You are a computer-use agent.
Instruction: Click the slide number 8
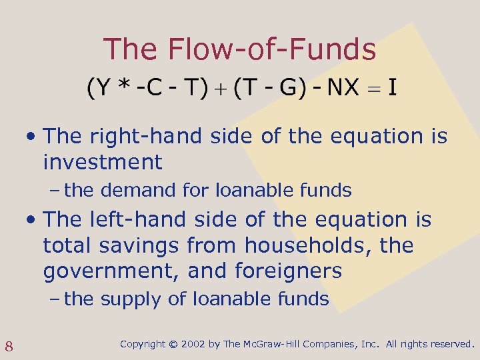(x=10, y=345)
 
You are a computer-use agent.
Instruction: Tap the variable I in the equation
(x=393, y=87)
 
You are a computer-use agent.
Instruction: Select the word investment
(x=102, y=162)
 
